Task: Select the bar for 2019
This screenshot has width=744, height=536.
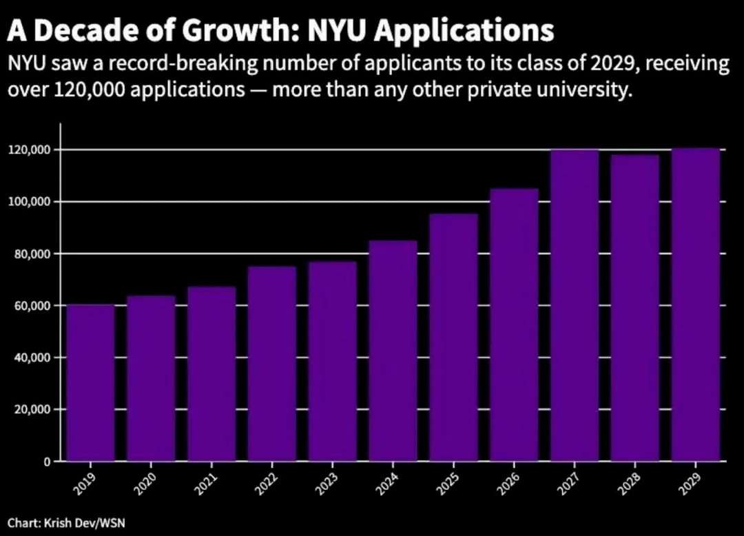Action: [x=90, y=382]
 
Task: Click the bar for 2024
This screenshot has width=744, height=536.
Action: [x=393, y=351]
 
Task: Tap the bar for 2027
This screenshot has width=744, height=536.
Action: [x=574, y=305]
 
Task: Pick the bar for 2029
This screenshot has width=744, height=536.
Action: [x=696, y=305]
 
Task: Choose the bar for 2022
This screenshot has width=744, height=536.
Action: [x=272, y=363]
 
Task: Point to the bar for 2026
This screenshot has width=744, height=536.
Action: [x=514, y=325]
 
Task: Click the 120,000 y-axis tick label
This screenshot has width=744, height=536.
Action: [x=29, y=150]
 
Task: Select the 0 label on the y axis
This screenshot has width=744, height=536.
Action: [x=47, y=462]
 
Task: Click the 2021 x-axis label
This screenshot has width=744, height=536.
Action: [x=207, y=484]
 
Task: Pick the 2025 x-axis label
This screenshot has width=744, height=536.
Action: [x=449, y=484]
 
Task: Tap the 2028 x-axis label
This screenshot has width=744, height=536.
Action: [x=631, y=484]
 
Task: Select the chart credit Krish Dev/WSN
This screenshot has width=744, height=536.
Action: [x=85, y=523]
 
